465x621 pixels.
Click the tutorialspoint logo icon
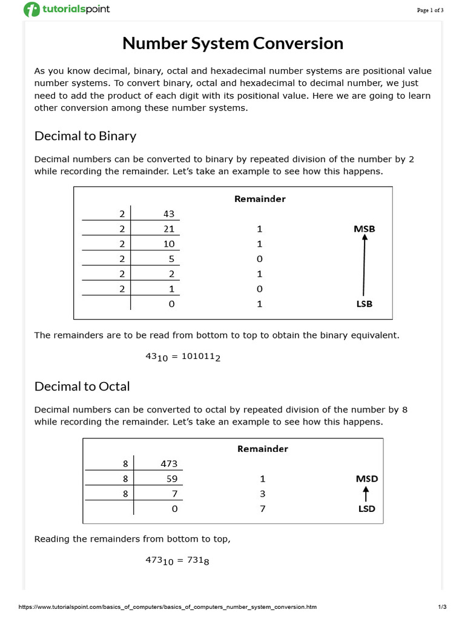click(x=31, y=10)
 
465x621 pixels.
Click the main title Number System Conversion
click(x=232, y=44)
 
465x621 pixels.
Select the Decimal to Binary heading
click(x=85, y=136)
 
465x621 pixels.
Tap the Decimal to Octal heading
click(x=82, y=386)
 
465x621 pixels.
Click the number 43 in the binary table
click(x=169, y=213)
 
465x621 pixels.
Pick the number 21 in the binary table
click(x=169, y=229)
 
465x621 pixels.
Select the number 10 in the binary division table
click(x=169, y=244)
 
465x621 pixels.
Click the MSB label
click(x=364, y=229)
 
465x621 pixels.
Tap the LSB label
click(x=363, y=304)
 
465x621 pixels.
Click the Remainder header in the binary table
click(x=260, y=199)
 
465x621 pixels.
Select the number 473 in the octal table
click(x=169, y=464)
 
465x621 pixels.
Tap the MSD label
click(x=366, y=478)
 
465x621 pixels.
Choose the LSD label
click(x=366, y=509)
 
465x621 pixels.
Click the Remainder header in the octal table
click(x=262, y=449)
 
